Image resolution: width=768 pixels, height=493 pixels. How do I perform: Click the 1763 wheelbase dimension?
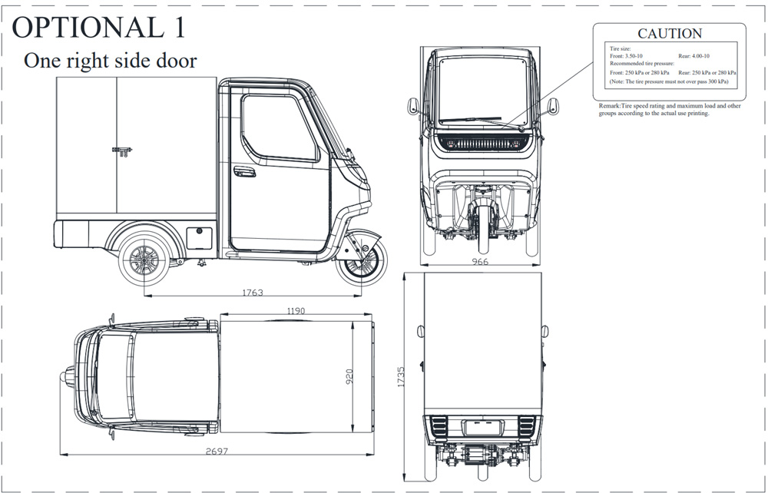(x=253, y=293)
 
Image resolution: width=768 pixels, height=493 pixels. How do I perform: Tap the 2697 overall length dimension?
(x=217, y=451)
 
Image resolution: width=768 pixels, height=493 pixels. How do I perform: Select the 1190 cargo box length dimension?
(x=296, y=311)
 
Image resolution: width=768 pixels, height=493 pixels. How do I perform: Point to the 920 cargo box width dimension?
(x=349, y=376)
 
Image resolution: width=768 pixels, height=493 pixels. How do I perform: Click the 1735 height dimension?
(x=401, y=377)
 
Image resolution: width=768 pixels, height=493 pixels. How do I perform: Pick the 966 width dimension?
(x=480, y=261)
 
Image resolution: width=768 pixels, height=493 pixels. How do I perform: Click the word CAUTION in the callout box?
(x=670, y=33)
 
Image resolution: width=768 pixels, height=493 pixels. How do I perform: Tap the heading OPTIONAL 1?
(x=99, y=27)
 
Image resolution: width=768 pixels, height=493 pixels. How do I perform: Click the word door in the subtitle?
(x=177, y=60)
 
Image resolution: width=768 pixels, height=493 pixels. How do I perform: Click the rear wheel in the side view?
(x=144, y=260)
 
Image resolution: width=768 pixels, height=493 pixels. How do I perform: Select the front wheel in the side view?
(x=362, y=264)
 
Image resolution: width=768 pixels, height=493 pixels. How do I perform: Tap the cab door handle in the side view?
(x=244, y=172)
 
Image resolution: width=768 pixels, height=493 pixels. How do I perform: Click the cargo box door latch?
(x=122, y=151)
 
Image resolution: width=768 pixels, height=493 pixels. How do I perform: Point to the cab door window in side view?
(x=280, y=127)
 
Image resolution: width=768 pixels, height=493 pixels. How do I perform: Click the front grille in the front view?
(x=483, y=144)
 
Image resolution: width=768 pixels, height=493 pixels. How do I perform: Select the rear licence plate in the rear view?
(x=483, y=428)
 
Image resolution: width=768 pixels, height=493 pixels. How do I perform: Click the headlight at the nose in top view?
(x=68, y=377)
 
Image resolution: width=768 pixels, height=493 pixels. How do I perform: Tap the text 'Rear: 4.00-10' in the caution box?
(x=694, y=56)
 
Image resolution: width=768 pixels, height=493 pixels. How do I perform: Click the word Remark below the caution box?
(x=609, y=106)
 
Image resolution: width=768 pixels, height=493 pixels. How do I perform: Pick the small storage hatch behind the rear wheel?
(x=200, y=238)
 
